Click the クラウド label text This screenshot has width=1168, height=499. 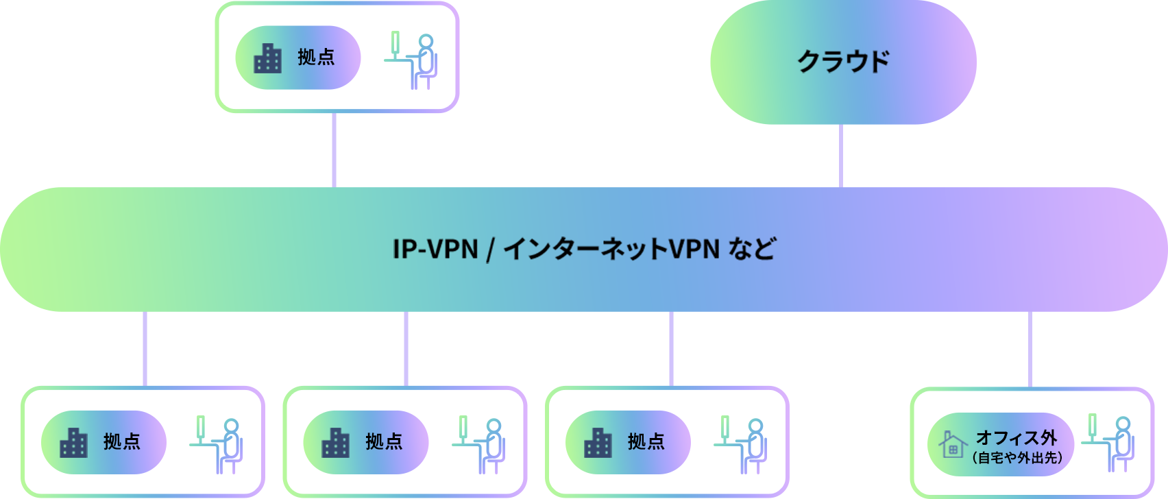843,62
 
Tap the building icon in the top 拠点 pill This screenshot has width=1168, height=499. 268,58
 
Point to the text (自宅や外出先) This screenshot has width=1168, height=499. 1017,458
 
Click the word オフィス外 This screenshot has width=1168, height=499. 1017,437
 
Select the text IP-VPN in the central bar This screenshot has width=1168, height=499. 435,249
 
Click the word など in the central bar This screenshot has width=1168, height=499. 752,249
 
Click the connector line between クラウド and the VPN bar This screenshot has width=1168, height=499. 840,156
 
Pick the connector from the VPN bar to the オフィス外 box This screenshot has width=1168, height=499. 1030,349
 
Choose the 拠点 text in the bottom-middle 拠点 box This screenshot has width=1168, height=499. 384,442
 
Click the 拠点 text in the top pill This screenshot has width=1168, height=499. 316,58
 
